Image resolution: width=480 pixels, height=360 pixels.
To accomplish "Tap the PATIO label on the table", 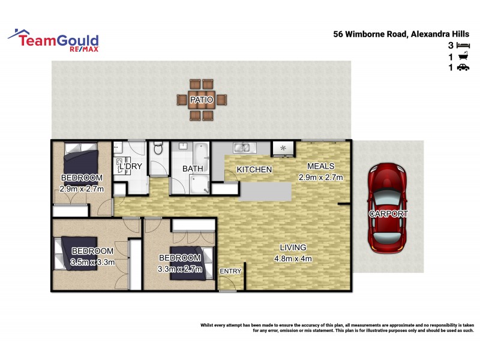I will pos(199,100).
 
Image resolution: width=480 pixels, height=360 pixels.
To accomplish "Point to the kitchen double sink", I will pos(242,148).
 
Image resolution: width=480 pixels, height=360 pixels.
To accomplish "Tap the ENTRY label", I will pos(230,271).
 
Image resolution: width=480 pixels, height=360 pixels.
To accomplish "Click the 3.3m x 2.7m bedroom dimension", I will pos(180,269).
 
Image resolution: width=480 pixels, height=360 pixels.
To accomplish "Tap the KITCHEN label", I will pos(254,170).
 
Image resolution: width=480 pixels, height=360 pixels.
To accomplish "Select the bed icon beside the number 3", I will pos(463,46).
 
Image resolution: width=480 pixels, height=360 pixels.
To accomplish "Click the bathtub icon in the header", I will pos(463,57).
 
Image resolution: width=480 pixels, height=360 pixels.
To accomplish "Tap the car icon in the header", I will pos(463,68).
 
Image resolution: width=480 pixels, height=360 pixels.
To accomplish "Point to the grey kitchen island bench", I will pos(266,192).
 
